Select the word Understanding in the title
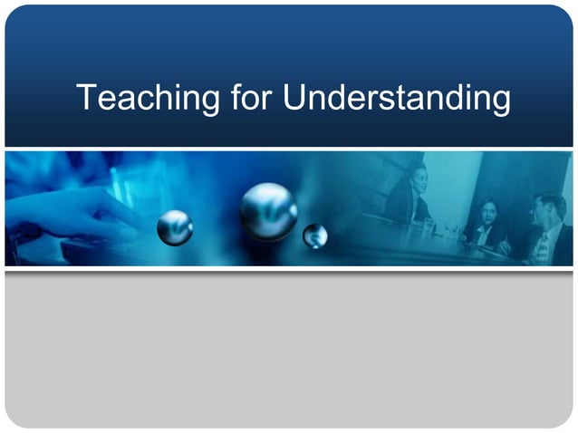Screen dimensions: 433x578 pyautogui.click(x=397, y=98)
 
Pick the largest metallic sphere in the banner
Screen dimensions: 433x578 pyautogui.click(x=268, y=211)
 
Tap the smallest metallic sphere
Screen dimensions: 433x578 pyautogui.click(x=314, y=236)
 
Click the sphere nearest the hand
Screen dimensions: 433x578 pyautogui.click(x=175, y=227)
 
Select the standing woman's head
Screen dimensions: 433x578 pyautogui.click(x=415, y=174)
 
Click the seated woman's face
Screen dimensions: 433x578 pyautogui.click(x=487, y=214)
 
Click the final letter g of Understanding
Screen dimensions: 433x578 pyautogui.click(x=499, y=101)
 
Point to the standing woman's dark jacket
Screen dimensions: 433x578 pyautogui.click(x=404, y=207)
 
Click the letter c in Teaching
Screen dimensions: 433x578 pyautogui.click(x=138, y=100)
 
